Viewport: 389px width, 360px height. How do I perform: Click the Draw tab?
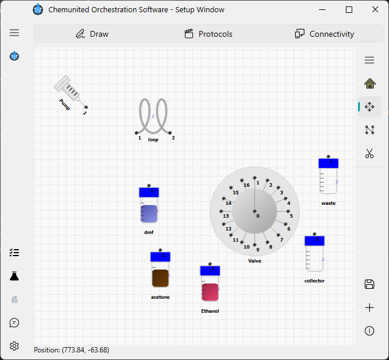[x=92, y=34]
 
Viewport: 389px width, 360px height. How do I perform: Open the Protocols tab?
[x=208, y=34]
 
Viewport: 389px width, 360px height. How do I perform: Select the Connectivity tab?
[x=324, y=34]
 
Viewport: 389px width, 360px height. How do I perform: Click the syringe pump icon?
[x=71, y=92]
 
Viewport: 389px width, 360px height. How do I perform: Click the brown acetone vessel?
[x=160, y=270]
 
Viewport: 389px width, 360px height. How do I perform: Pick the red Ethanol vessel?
[x=210, y=284]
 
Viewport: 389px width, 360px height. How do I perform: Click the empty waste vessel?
[x=328, y=176]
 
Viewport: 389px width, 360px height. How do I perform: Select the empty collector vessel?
[x=314, y=254]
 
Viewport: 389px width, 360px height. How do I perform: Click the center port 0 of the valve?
[x=254, y=211]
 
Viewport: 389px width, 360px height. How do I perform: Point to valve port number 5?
[x=288, y=211]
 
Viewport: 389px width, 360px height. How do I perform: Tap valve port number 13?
[x=221, y=211]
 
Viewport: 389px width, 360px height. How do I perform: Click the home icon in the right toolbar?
[x=370, y=83]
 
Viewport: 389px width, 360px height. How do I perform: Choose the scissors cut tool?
[x=369, y=153]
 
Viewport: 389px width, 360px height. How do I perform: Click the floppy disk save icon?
[x=369, y=284]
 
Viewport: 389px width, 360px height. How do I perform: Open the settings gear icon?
[x=14, y=346]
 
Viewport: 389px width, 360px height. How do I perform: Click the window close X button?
[x=375, y=9]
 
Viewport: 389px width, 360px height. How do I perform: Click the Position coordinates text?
[x=72, y=350]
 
